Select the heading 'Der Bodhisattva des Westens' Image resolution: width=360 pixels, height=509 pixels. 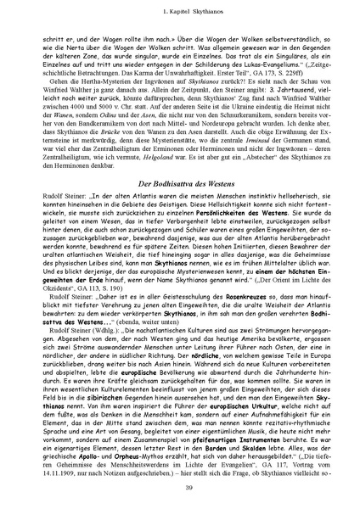click(180, 209)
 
